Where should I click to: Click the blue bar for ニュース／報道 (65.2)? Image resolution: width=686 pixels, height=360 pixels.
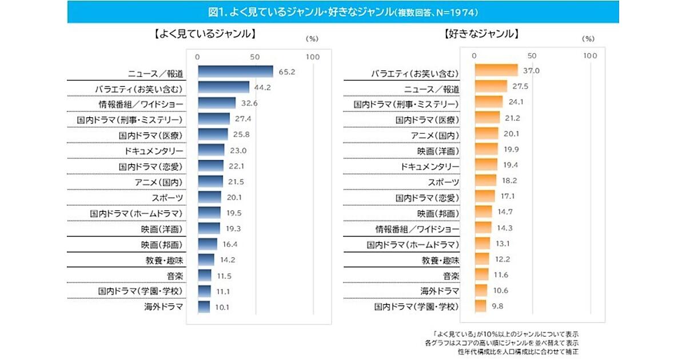(235, 71)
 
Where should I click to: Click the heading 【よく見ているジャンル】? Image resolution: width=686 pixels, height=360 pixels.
(204, 34)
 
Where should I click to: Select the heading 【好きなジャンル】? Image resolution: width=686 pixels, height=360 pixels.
(481, 34)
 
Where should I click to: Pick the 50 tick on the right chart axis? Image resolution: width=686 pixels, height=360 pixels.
(532, 56)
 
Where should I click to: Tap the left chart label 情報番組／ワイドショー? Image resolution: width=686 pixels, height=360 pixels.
(141, 104)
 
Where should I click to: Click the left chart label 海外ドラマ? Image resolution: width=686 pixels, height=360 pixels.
(163, 307)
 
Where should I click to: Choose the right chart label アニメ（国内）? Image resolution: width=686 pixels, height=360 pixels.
(435, 135)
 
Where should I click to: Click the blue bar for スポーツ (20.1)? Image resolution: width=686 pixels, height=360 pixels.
(209, 197)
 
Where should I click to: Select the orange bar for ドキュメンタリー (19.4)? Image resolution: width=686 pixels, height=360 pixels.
(486, 166)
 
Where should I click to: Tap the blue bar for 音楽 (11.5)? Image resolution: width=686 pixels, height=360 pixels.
(204, 275)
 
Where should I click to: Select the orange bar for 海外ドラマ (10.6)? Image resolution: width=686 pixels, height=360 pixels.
(481, 291)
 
